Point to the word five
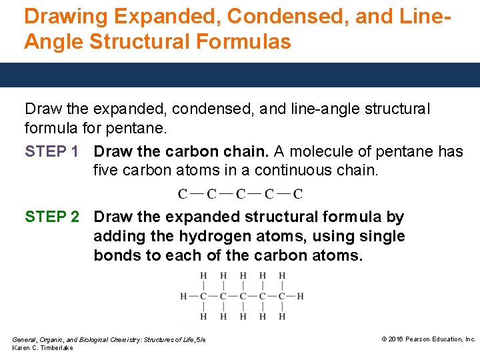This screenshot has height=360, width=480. point(107,171)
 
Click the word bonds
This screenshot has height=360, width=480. point(117,256)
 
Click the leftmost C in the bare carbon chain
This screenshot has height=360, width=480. point(182,195)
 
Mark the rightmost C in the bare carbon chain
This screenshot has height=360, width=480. point(298,195)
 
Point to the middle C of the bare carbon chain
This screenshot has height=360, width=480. point(240,195)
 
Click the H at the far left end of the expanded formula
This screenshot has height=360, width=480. point(184,296)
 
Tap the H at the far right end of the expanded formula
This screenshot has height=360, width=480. point(301,296)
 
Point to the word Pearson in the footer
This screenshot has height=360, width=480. point(423,339)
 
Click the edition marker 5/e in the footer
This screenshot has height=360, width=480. point(200,340)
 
